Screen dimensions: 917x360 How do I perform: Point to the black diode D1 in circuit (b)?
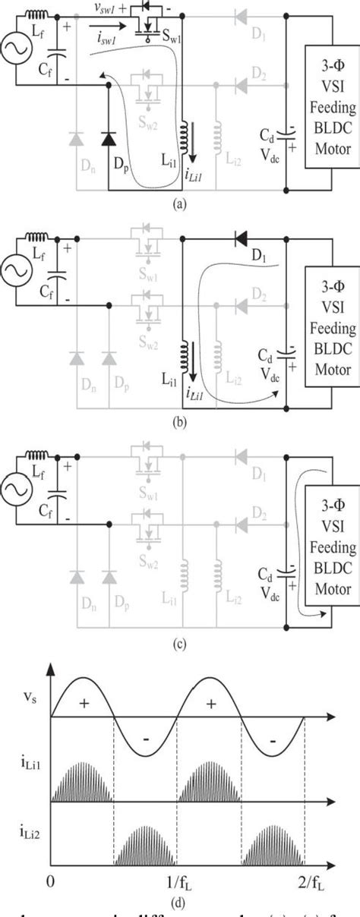[242, 238]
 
